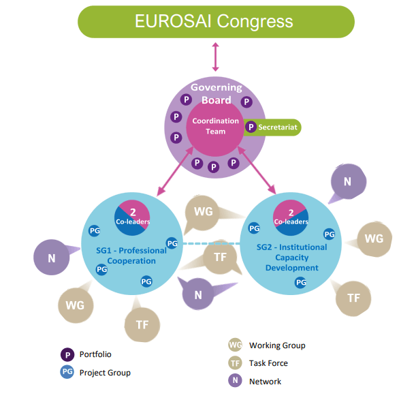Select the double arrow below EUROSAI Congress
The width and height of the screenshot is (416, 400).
tap(216, 57)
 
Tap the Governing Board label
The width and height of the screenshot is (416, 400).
tap(216, 93)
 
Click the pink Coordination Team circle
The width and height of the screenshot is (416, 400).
tap(215, 126)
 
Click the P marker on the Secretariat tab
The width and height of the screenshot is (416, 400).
tap(251, 127)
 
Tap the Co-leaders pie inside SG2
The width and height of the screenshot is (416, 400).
tap(291, 217)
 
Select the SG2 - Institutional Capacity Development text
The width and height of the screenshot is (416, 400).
tap(292, 257)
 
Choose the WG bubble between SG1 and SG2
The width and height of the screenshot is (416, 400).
tap(203, 212)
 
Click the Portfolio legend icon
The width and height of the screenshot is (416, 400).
tap(67, 354)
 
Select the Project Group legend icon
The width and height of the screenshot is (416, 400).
tap(67, 372)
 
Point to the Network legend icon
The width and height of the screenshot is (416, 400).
tap(235, 381)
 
